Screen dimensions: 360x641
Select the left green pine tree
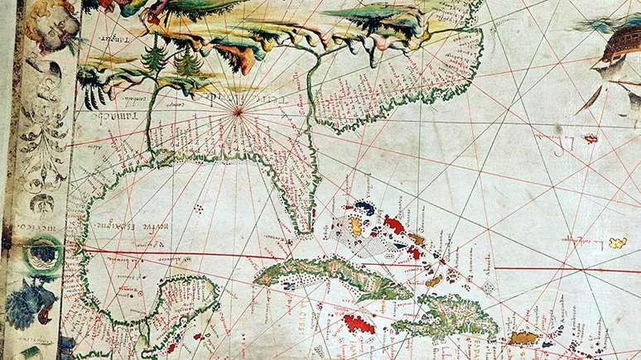152,60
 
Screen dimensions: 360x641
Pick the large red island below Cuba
359,323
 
